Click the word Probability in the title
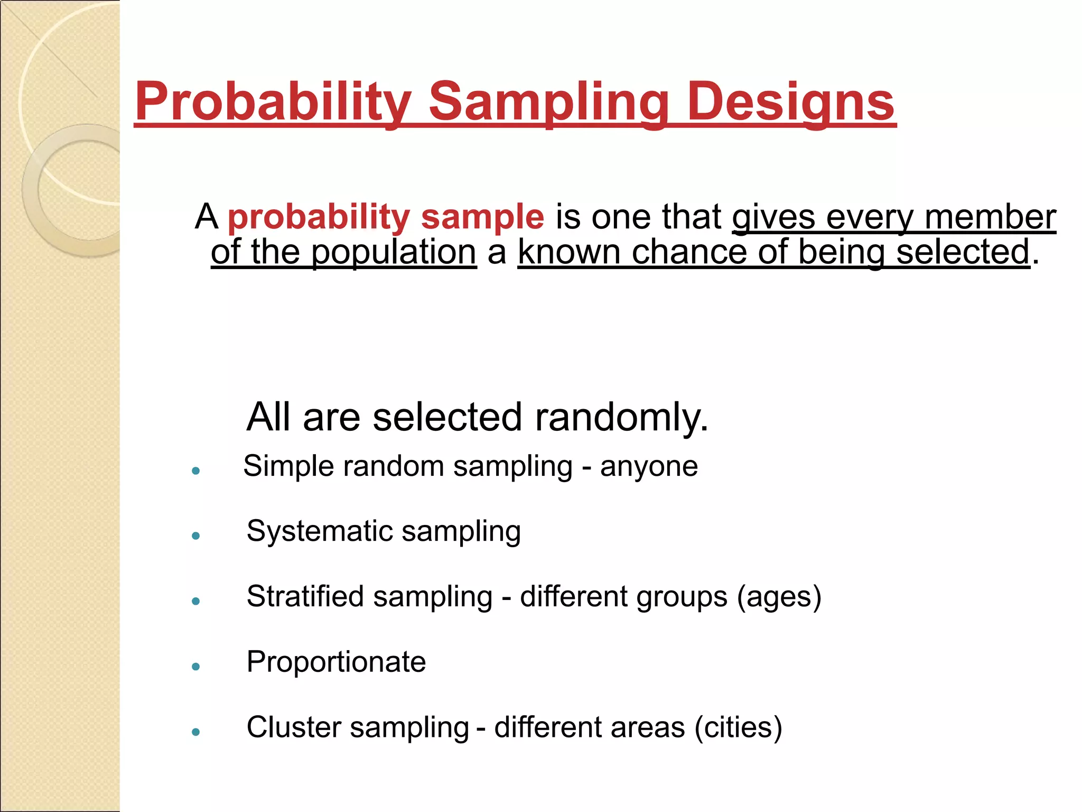[x=273, y=101]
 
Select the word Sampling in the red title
[x=548, y=101]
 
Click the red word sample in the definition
[x=482, y=217]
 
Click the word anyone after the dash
[x=649, y=466]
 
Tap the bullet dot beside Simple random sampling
[x=196, y=470]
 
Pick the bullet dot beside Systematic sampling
[x=196, y=536]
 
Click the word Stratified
[x=305, y=596]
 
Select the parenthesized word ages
[x=779, y=596]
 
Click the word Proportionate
[x=336, y=661]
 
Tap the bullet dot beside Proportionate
[x=196, y=667]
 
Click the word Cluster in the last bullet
[x=293, y=727]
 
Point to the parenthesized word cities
[x=738, y=727]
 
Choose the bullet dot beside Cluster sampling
[x=196, y=732]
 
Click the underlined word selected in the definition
[x=963, y=252]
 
